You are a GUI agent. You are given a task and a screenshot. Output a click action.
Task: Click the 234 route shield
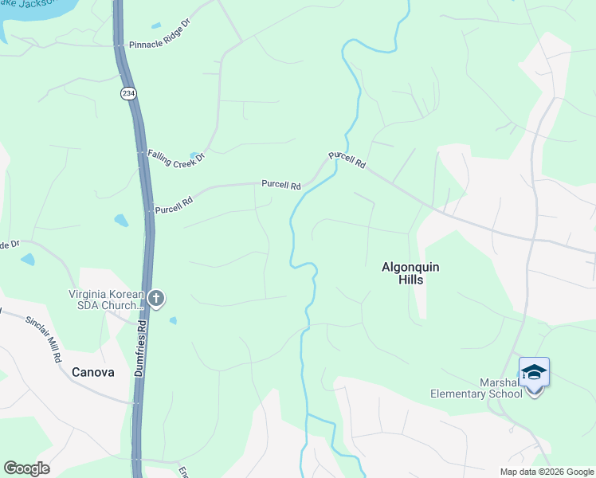pos(127,94)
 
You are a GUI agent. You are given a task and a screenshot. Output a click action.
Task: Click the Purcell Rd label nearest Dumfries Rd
pos(174,206)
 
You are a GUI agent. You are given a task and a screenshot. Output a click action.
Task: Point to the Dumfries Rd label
pos(140,348)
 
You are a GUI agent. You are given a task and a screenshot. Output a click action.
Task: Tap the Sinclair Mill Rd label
pos(43,340)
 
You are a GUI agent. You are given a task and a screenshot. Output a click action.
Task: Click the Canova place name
pos(93,372)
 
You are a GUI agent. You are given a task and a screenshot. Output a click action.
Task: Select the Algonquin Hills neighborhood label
pos(412,274)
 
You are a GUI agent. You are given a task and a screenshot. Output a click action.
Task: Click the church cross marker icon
pos(156,300)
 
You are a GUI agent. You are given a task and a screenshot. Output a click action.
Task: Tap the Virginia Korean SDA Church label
pos(105,300)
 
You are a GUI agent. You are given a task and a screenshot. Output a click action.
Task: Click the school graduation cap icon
pos(534,373)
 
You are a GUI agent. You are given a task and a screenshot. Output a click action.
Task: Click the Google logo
pos(26,468)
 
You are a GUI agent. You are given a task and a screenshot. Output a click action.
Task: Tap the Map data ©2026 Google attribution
pos(546,472)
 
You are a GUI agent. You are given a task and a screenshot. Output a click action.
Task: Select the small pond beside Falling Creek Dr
pos(194,155)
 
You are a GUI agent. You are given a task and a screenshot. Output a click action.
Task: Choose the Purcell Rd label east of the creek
pos(347,159)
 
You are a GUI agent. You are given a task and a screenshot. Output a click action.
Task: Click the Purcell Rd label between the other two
pos(281,185)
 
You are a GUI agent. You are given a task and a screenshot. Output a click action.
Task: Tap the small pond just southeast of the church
pos(173,320)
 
